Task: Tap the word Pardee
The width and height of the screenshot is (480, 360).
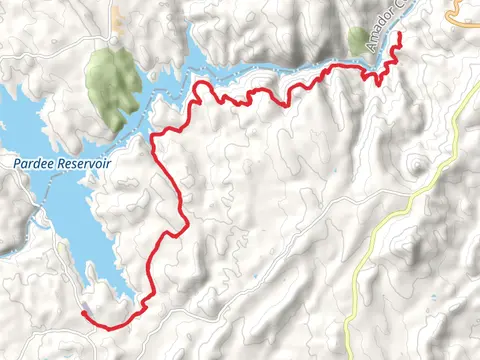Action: (34, 163)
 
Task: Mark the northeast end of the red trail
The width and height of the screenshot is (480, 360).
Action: (399, 34)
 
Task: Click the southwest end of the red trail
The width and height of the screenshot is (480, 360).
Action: (82, 313)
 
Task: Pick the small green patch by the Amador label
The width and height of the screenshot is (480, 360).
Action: (358, 40)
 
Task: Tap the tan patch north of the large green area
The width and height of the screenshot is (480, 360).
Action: (116, 18)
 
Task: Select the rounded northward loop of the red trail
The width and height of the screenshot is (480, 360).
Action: (203, 89)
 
